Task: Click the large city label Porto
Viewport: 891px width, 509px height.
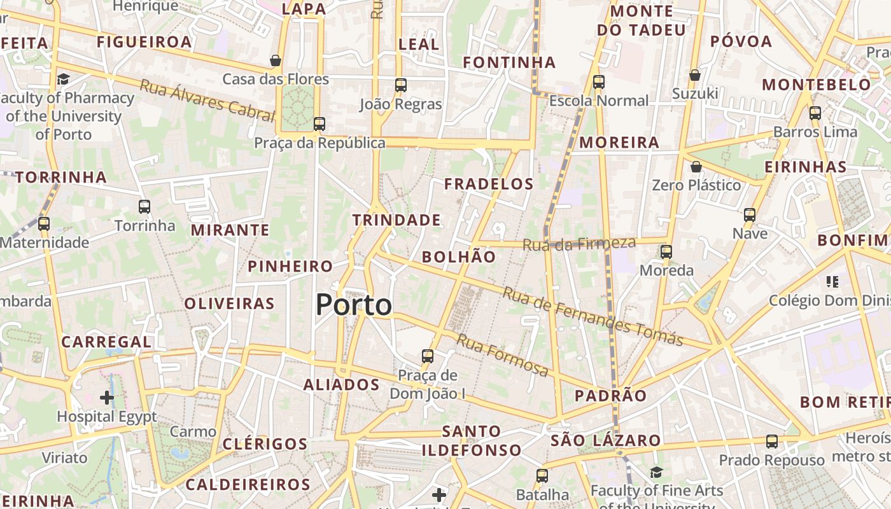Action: click(354, 305)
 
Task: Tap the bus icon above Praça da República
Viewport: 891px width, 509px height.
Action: click(319, 124)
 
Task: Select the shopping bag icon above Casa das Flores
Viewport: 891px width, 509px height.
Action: click(276, 60)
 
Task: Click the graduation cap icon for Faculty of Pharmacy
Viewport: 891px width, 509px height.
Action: click(63, 80)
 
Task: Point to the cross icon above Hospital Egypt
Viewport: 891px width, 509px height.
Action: click(107, 398)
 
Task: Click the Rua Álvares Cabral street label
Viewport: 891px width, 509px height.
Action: click(207, 101)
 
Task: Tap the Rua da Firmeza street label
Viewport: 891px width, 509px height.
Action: click(579, 244)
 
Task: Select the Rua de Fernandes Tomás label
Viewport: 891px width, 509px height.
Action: click(593, 316)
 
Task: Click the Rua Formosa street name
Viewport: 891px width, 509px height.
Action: click(503, 356)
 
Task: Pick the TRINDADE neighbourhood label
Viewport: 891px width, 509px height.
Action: click(396, 220)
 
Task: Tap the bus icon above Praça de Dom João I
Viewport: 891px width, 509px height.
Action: click(428, 356)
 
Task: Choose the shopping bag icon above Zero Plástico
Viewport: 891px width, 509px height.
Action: click(696, 167)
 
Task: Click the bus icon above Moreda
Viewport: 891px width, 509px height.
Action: click(666, 252)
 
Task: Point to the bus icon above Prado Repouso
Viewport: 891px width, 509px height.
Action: click(772, 441)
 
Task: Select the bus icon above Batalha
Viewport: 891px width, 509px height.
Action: click(542, 475)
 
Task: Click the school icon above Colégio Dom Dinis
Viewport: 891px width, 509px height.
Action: click(832, 281)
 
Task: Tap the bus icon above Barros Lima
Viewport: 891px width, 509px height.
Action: click(815, 113)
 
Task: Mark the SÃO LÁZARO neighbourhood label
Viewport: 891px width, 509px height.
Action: click(606, 440)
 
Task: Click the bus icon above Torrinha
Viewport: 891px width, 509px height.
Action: click(144, 207)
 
